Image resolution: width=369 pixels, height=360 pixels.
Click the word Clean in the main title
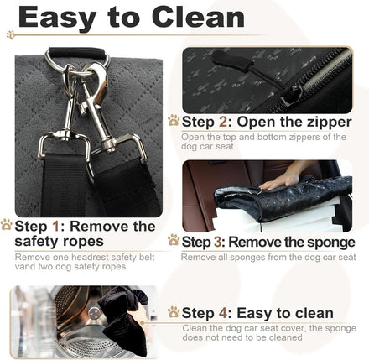point(198,18)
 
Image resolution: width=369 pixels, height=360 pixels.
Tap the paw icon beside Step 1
point(7,225)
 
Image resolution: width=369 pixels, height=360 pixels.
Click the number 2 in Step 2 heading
point(223,122)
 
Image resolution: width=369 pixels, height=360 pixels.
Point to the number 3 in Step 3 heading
point(218,243)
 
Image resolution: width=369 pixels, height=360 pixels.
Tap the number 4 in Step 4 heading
point(223,313)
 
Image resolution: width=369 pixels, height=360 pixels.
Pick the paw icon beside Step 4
point(174,312)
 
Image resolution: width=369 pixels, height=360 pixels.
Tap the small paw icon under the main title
point(11,34)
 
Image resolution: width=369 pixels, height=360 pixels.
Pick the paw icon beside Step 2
point(174,121)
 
